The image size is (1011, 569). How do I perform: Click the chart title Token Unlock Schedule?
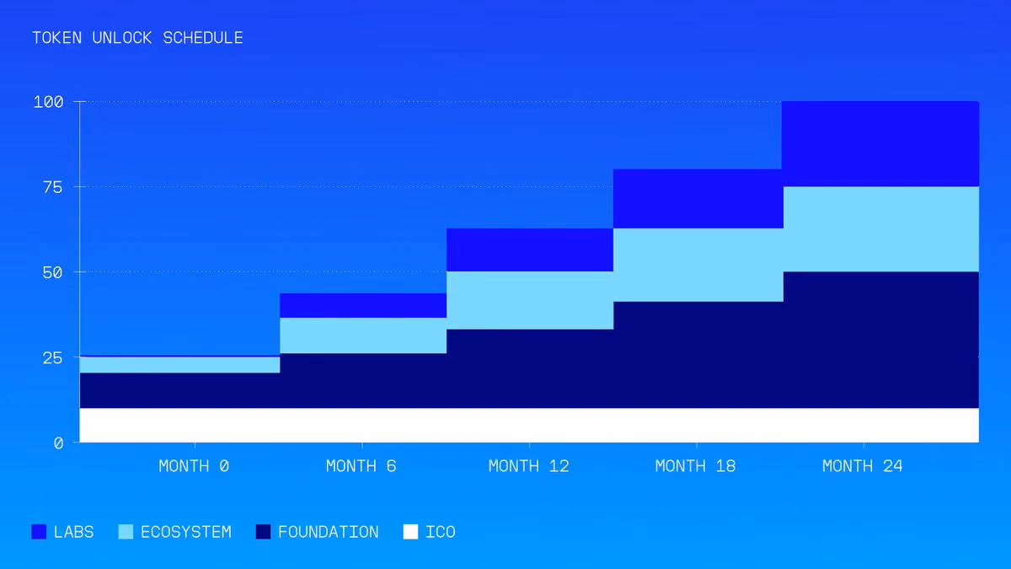(137, 38)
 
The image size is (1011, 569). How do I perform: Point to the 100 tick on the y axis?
(48, 102)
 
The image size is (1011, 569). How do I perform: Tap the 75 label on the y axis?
(53, 187)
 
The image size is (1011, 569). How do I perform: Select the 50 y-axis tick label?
(53, 272)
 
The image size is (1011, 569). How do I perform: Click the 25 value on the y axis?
(53, 358)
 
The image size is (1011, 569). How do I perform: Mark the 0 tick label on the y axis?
(58, 443)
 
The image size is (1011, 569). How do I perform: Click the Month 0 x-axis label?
(194, 466)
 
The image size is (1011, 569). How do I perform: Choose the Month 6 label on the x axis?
(361, 466)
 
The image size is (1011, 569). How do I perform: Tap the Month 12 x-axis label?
(529, 466)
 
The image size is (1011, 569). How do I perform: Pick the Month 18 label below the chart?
(696, 466)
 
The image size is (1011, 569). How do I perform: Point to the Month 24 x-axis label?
(863, 466)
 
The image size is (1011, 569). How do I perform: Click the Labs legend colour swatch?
(39, 532)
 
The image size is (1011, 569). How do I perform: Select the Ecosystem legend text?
(186, 532)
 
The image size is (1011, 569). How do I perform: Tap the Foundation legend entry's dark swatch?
(263, 532)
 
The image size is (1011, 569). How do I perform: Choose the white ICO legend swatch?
(410, 532)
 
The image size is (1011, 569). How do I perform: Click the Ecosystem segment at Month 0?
(179, 365)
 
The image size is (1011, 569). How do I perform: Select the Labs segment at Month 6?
(363, 305)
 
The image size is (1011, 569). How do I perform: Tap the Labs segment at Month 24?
(880, 143)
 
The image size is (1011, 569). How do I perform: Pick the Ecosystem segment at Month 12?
(530, 300)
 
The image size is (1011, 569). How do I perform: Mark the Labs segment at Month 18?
(698, 199)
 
